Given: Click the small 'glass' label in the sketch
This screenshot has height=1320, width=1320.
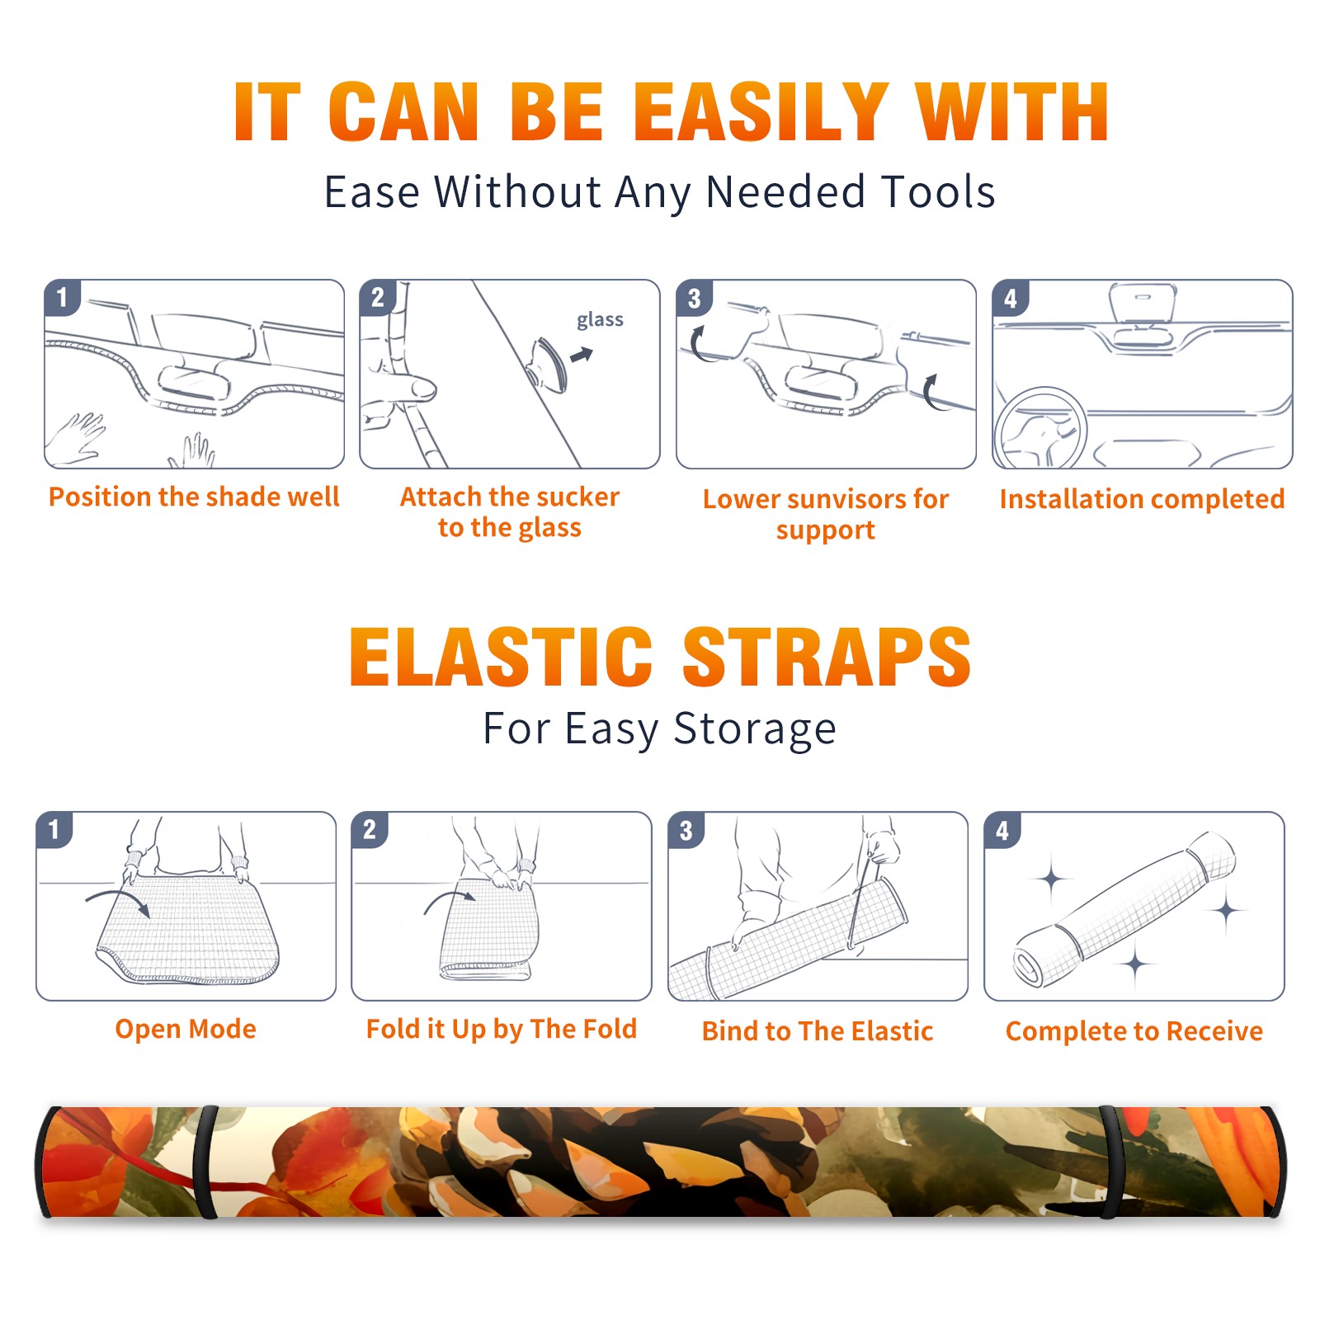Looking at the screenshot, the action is point(600,320).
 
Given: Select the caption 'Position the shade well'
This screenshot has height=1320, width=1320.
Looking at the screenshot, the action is point(194,497).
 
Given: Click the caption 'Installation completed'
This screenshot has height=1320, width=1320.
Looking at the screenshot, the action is point(1142,498).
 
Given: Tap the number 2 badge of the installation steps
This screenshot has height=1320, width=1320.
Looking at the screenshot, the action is point(378,297).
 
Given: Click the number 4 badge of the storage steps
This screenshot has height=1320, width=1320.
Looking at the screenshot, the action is point(1002,830).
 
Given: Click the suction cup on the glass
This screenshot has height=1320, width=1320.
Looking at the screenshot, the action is point(548,363).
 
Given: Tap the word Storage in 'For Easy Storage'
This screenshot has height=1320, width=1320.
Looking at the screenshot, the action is point(755,729).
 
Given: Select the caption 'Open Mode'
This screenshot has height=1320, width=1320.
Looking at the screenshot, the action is point(186,1029).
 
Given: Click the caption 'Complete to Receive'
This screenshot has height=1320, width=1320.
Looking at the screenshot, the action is point(1134,1030).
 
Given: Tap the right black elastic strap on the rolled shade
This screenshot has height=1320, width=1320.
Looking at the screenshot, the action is point(1110,1163).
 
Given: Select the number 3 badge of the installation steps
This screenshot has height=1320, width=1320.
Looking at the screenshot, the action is point(694,298).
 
